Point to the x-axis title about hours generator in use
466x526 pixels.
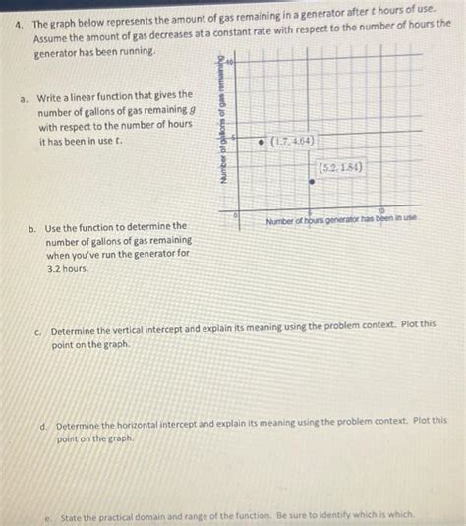[x=343, y=218]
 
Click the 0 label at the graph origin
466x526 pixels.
[x=235, y=212]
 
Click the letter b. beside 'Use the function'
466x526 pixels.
[x=33, y=227]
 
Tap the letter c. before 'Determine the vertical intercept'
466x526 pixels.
[x=39, y=332]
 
